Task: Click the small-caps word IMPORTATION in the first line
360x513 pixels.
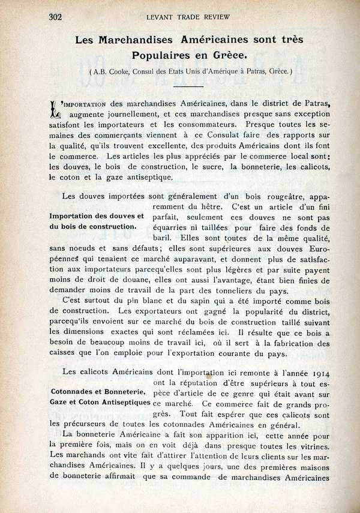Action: coord(88,103)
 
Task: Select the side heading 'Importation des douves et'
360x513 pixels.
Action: coord(97,216)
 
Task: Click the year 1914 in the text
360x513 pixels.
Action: coord(317,372)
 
